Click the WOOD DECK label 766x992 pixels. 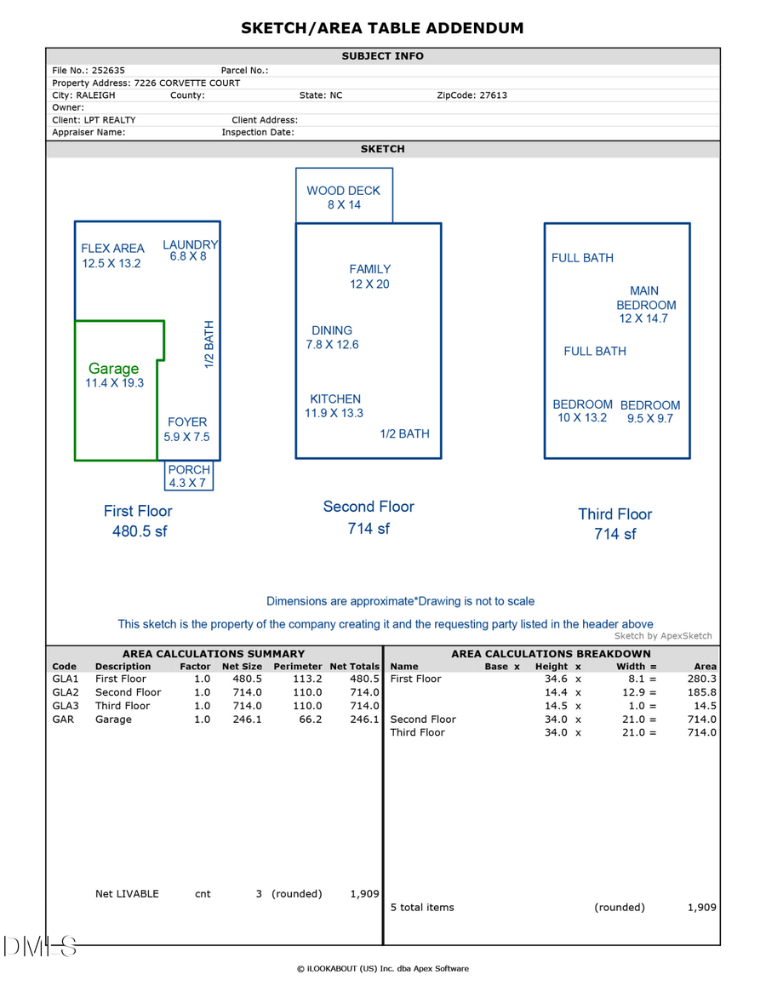344,191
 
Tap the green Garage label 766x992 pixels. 113,369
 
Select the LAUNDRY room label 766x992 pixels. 191,245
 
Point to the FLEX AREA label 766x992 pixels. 112,249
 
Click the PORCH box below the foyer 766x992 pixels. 189,476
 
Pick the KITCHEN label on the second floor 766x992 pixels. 335,399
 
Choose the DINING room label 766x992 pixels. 332,330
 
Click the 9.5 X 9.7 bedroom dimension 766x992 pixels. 650,419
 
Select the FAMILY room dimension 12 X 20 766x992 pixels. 369,284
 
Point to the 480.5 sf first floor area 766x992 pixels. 140,531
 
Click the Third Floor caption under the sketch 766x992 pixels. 615,514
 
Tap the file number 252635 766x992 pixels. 106,71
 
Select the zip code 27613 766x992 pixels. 489,95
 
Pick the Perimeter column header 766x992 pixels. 298,667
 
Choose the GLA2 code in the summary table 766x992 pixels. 66,692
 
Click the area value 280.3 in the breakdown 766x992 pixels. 701,679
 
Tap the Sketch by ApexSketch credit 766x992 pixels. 663,636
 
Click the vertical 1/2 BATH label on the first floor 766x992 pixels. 209,344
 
